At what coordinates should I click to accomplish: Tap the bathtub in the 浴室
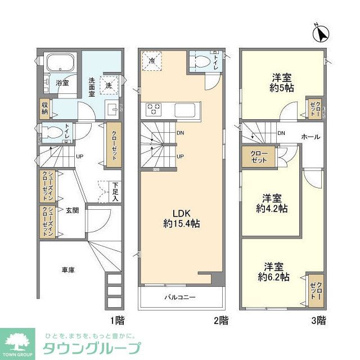tap(61, 63)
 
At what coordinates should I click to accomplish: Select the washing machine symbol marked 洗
tap(109, 85)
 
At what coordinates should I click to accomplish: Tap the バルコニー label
tap(179, 297)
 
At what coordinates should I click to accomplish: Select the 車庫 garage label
tap(68, 271)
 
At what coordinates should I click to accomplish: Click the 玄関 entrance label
tap(72, 210)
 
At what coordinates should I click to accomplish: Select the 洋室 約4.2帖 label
tap(272, 203)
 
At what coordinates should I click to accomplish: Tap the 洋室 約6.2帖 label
tap(273, 272)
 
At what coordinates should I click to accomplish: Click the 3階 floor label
tap(318, 321)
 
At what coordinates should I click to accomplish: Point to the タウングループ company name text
tap(92, 347)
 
